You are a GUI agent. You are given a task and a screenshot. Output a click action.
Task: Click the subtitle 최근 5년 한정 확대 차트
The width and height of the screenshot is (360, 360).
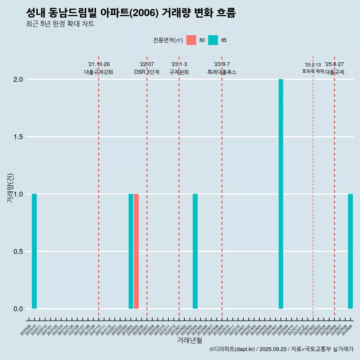(x=60, y=24)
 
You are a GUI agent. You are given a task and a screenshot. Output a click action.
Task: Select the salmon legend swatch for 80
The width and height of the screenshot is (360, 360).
(x=191, y=40)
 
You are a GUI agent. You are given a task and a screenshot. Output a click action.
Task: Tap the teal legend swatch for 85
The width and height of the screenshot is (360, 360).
(x=213, y=40)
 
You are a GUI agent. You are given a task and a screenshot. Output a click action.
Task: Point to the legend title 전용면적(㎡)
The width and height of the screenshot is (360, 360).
(x=168, y=40)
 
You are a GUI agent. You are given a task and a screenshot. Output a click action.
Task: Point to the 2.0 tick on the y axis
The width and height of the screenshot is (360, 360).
(x=18, y=79)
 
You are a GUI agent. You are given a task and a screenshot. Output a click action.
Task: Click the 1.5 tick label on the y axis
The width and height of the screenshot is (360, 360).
(x=18, y=137)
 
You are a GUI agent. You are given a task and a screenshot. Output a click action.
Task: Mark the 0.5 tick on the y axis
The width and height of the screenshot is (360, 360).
(x=18, y=252)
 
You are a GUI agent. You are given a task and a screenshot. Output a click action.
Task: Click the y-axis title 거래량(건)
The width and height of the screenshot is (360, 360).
(x=10, y=187)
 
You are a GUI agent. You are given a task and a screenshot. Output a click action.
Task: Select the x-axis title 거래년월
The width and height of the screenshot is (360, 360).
(x=189, y=340)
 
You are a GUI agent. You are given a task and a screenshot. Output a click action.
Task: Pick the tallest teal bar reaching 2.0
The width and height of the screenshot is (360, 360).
(x=281, y=194)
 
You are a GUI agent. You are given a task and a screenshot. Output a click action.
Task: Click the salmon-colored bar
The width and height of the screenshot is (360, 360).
(x=136, y=251)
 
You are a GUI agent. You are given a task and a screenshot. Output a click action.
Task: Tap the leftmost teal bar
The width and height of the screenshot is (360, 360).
(x=34, y=251)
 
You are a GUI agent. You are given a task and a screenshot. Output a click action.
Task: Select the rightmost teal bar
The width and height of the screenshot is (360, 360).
(x=350, y=251)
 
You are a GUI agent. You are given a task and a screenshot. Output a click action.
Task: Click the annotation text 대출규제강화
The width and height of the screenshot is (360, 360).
(x=99, y=72)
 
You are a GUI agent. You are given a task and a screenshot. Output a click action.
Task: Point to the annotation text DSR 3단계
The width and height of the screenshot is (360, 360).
(x=147, y=72)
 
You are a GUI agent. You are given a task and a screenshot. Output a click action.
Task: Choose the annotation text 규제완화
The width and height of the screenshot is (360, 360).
(x=179, y=72)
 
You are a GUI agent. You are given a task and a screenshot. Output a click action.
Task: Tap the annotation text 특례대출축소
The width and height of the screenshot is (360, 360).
(x=222, y=72)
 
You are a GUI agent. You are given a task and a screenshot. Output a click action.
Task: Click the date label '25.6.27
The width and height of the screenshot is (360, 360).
(x=334, y=64)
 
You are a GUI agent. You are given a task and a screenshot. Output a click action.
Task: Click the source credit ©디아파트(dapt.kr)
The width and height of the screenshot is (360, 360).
(x=232, y=349)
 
